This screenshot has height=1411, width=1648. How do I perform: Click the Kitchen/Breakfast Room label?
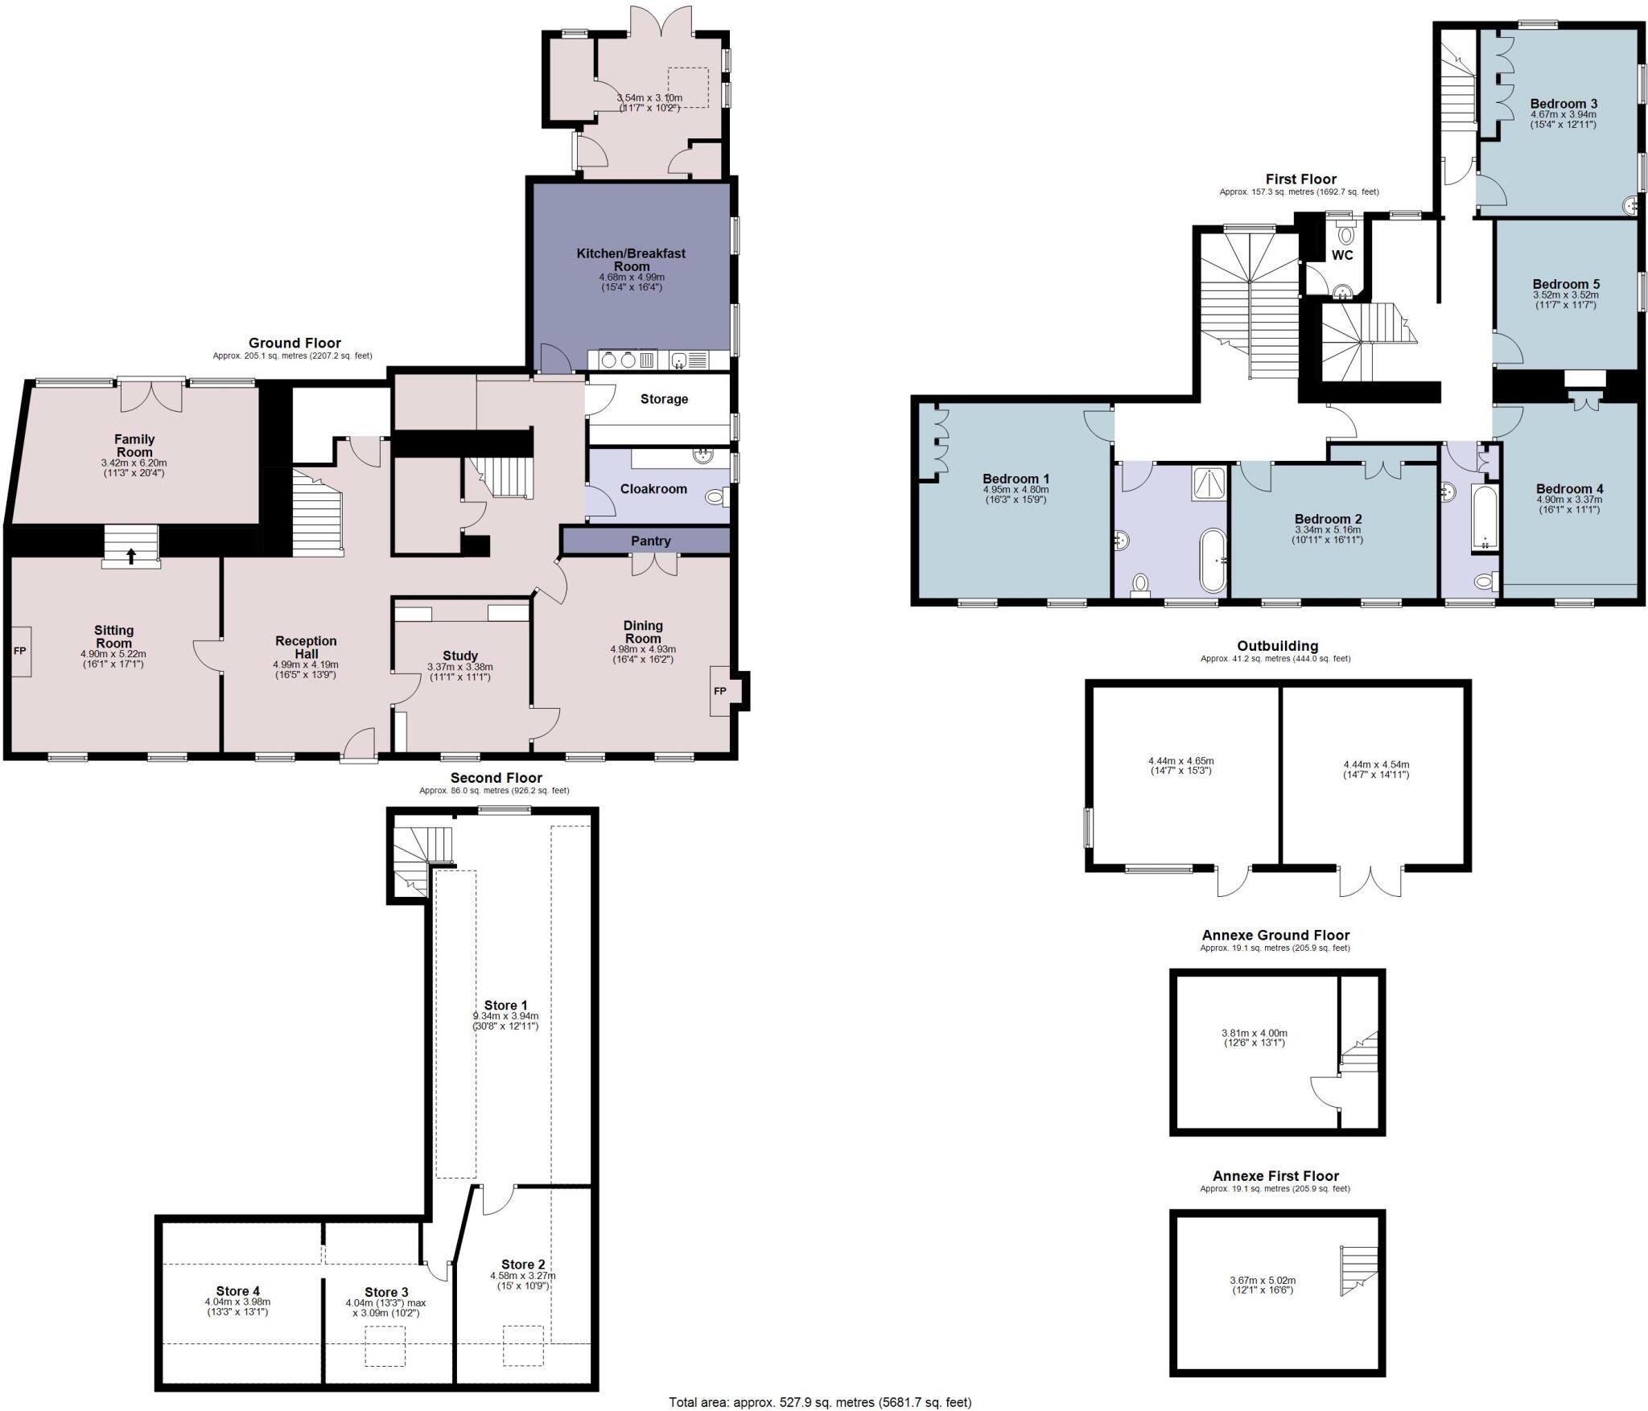point(631,259)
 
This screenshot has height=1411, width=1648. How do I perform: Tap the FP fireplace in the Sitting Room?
point(20,650)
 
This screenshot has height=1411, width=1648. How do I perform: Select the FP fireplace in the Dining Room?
point(719,691)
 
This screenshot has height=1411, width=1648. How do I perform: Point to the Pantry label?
point(650,541)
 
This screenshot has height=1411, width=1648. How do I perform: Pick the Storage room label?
point(664,399)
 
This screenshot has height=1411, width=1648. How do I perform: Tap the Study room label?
point(459,656)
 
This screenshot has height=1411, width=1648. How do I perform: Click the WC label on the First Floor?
point(1342,256)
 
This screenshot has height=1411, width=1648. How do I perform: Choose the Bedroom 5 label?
point(1565,284)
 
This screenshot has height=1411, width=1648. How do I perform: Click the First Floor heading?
point(1300,179)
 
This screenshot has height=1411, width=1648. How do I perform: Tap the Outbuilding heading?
point(1277,645)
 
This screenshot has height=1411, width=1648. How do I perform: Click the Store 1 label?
point(505,1006)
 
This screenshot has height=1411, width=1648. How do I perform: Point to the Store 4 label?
point(237,1292)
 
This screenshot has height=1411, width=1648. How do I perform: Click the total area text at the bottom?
point(820,1402)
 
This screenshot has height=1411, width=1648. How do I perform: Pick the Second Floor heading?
point(496,778)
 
